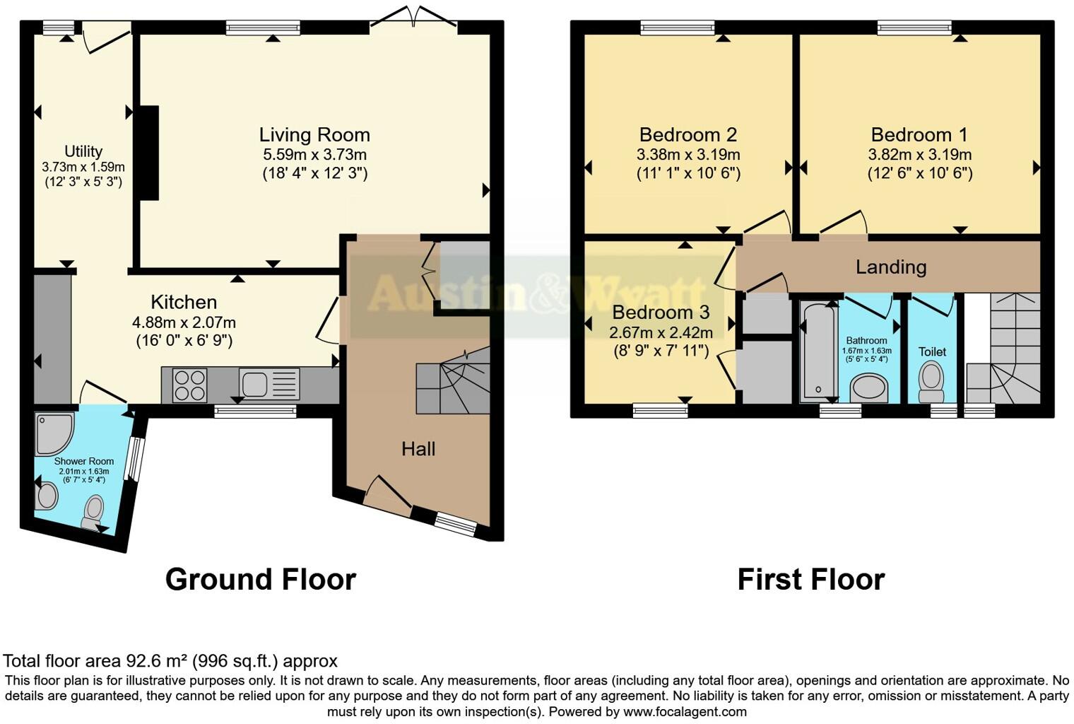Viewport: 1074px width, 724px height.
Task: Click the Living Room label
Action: coord(314,134)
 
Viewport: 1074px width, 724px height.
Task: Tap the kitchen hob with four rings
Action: coord(189,385)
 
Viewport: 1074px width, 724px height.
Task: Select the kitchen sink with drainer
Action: coord(268,385)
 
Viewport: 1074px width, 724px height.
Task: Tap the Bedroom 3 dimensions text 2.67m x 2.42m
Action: coord(661,332)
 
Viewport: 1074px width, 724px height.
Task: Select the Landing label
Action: coord(890,267)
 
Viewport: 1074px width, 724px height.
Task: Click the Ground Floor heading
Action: coord(260,579)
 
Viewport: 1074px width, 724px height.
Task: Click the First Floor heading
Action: coord(810,579)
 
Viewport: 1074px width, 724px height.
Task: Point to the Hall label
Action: coord(418,448)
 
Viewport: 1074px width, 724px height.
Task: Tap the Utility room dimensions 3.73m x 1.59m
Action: coord(83,167)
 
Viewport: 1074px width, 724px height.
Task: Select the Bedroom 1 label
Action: coord(919,134)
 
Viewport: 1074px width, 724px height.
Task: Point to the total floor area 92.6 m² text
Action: coord(170,661)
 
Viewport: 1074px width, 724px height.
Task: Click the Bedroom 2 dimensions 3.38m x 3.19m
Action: coord(688,154)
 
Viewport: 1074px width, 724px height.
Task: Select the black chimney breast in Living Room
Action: coord(148,153)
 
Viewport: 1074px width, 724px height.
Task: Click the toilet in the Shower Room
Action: coord(93,510)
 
